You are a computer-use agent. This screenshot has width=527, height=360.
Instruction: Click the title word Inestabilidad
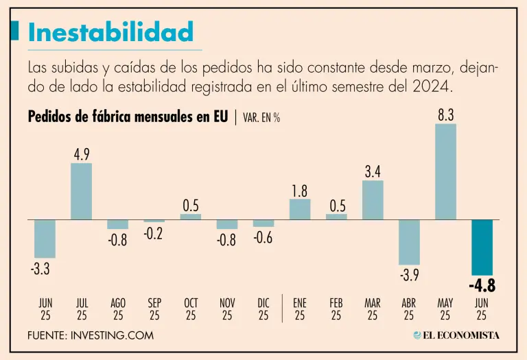(110, 32)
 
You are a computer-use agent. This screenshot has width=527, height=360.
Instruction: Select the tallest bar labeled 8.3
(445, 171)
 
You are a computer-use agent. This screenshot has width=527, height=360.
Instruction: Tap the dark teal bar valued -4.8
(482, 247)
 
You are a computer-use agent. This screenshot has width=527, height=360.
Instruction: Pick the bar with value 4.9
(82, 191)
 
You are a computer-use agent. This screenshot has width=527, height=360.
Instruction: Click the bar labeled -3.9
(409, 241)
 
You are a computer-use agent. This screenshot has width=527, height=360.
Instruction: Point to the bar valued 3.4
(373, 200)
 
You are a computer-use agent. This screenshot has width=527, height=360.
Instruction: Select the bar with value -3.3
(45, 238)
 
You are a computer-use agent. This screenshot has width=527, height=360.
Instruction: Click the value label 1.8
(299, 191)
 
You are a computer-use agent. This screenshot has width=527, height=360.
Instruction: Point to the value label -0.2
(154, 233)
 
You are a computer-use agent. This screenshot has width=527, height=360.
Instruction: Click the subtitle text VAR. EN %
(261, 117)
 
